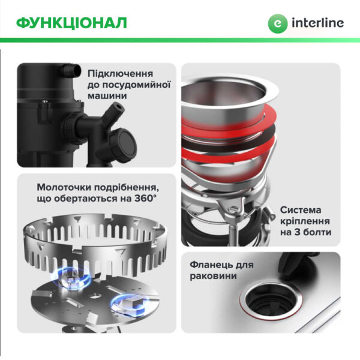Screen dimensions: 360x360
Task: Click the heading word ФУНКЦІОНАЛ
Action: click(71, 23)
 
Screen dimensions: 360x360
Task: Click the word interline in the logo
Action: click(317, 23)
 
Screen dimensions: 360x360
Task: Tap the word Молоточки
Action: click(67, 187)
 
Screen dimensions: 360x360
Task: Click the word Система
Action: click(304, 210)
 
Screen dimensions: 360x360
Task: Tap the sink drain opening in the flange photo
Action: click(271, 299)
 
